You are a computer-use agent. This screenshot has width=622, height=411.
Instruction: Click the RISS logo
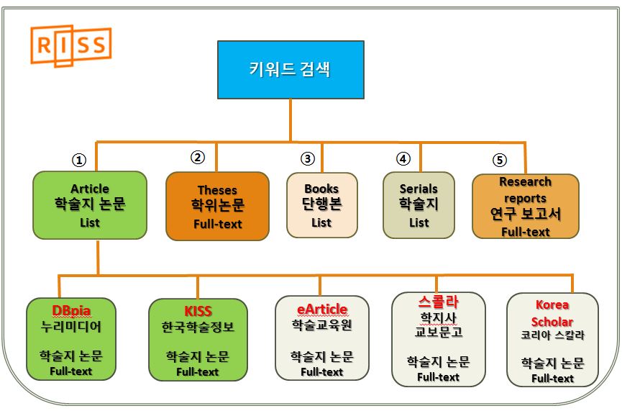pyautogui.click(x=71, y=45)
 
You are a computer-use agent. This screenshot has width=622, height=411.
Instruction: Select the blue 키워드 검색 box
pyautogui.click(x=291, y=70)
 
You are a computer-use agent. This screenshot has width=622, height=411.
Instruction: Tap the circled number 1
pyautogui.click(x=79, y=160)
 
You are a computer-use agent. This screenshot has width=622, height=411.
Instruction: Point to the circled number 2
pyautogui.click(x=198, y=157)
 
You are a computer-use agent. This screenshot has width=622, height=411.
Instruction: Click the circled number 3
pyautogui.click(x=308, y=158)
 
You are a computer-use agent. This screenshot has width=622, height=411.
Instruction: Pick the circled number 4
pyautogui.click(x=403, y=158)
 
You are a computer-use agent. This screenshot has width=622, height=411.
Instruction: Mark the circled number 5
pyautogui.click(x=500, y=160)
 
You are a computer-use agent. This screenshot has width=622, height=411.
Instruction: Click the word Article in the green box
pyautogui.click(x=90, y=189)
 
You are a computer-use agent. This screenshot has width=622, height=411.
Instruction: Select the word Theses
pyautogui.click(x=217, y=190)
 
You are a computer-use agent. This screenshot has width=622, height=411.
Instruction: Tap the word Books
pyautogui.click(x=321, y=189)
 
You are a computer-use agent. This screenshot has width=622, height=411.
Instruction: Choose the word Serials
pyautogui.click(x=419, y=189)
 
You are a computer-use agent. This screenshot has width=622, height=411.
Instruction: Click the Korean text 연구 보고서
pyautogui.click(x=526, y=214)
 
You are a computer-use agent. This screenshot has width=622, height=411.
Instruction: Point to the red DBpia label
pyautogui.click(x=71, y=310)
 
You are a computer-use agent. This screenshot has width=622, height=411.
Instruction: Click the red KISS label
pyautogui.click(x=198, y=310)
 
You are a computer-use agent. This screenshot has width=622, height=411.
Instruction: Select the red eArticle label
pyautogui.click(x=322, y=309)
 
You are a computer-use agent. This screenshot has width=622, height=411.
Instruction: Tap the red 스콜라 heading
pyautogui.click(x=439, y=302)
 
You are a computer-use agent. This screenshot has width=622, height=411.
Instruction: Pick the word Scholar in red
pyautogui.click(x=552, y=322)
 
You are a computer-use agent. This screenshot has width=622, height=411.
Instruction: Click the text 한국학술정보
pyautogui.click(x=198, y=327)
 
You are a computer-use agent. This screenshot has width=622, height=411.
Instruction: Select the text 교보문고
pyautogui.click(x=439, y=332)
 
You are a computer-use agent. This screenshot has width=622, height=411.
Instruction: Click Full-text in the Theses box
pyautogui.click(x=217, y=224)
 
